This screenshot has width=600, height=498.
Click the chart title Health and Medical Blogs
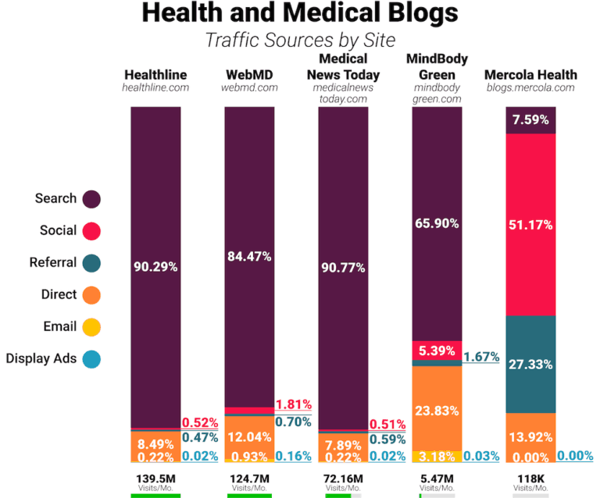[300, 14]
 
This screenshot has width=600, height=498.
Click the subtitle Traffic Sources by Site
[300, 39]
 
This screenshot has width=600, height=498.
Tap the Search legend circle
[91, 199]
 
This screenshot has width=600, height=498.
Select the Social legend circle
[91, 231]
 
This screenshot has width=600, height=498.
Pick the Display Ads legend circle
[91, 359]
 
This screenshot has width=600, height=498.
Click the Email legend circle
[91, 327]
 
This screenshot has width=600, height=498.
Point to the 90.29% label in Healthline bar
[155, 267]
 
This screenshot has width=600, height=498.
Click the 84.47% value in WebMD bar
[248, 256]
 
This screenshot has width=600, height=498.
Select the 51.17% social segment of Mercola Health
[530, 225]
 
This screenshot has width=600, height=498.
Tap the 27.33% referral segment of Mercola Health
[530, 364]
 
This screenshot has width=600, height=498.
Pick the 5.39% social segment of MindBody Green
[437, 350]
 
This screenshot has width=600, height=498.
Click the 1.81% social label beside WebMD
[293, 404]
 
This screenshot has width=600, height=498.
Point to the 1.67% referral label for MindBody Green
[481, 357]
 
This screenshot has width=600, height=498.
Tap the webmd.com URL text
[249, 87]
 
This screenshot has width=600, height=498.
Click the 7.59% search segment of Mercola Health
[530, 120]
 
